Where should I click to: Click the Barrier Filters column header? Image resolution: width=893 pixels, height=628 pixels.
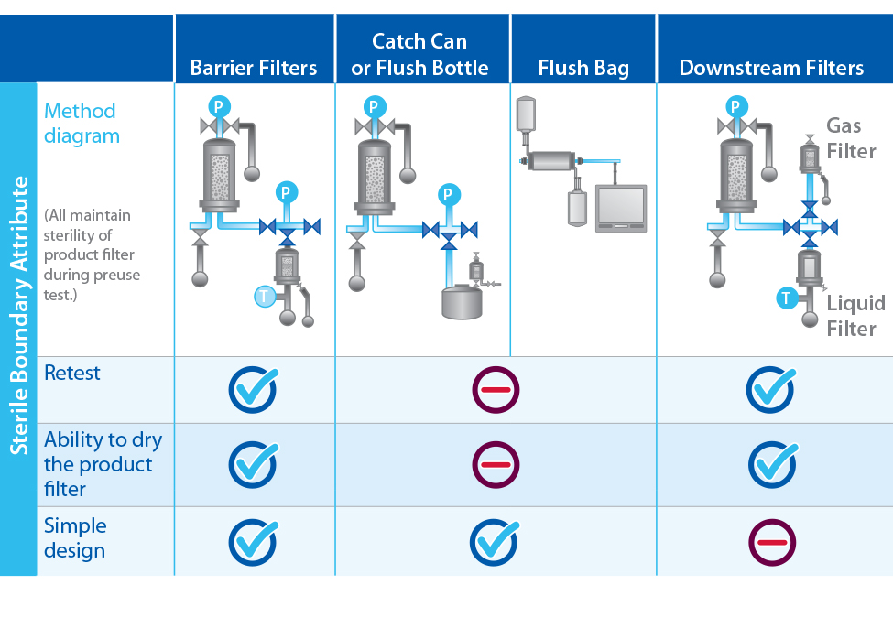pos(254,68)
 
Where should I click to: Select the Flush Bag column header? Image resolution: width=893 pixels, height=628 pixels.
pos(583,68)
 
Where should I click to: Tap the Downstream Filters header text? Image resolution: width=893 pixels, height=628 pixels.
pos(771,68)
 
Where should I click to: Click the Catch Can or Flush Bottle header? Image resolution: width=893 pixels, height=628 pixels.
pos(419,54)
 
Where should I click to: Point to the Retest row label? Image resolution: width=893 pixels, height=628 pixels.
pos(72,374)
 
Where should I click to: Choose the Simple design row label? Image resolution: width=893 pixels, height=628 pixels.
pos(75,538)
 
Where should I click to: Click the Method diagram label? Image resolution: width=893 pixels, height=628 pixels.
pos(81,124)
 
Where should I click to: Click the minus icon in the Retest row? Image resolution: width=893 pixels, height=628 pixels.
pos(496,390)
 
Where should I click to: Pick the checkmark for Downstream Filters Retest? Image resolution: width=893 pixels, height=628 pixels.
pos(772,389)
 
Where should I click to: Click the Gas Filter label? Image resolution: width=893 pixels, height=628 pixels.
pos(851,138)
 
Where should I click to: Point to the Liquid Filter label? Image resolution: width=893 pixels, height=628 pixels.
pos(855,316)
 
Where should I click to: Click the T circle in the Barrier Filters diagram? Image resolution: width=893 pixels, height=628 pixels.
pos(264,295)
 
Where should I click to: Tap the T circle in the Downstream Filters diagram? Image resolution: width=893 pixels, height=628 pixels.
pos(786,298)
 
